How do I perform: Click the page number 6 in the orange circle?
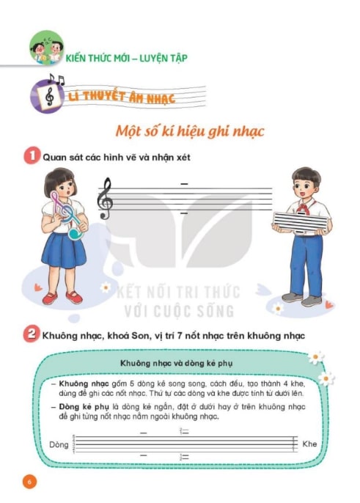tap(29, 482)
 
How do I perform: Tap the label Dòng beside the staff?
tap(59, 444)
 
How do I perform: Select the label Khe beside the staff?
tap(309, 444)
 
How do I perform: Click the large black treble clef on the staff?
tap(105, 198)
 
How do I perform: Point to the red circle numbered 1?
tap(32, 155)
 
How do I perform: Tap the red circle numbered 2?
tap(31, 334)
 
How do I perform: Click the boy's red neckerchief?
tap(304, 208)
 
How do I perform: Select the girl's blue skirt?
tap(64, 250)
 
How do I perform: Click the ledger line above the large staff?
tap(184, 184)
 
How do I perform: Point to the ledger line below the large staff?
tap(184, 213)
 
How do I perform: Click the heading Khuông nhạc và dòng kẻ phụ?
tap(177, 363)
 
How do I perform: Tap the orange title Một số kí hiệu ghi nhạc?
tap(190, 131)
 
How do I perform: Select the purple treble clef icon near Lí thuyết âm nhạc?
tap(48, 96)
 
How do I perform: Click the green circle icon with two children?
tap(46, 47)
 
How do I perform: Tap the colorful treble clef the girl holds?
tap(67, 214)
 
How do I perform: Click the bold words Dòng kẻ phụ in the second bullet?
tap(84, 407)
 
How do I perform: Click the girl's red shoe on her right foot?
tap(50, 298)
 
